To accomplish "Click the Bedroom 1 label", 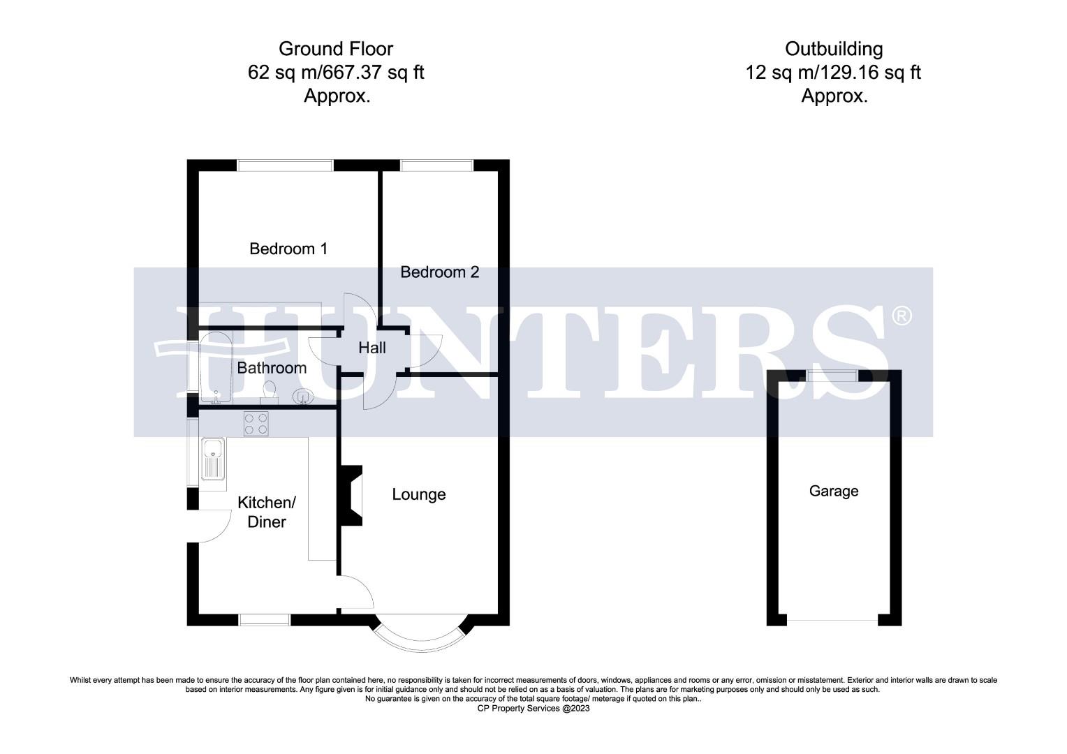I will click(x=288, y=249).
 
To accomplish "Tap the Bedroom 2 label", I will click(x=439, y=272).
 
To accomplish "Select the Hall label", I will click(x=371, y=348).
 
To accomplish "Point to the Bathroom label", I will click(x=272, y=368).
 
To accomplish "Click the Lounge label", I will click(x=418, y=494).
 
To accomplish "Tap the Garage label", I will click(x=833, y=491).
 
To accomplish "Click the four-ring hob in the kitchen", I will click(x=256, y=424).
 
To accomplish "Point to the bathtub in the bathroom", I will click(x=215, y=369).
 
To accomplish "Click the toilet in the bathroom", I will click(x=269, y=392).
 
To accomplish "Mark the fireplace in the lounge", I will click(x=351, y=495).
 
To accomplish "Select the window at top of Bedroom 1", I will click(x=285, y=165).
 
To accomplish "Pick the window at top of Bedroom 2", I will click(x=437, y=165).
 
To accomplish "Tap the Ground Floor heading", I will click(x=335, y=49).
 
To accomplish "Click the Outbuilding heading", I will click(x=833, y=49).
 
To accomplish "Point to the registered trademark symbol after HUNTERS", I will click(x=902, y=316).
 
